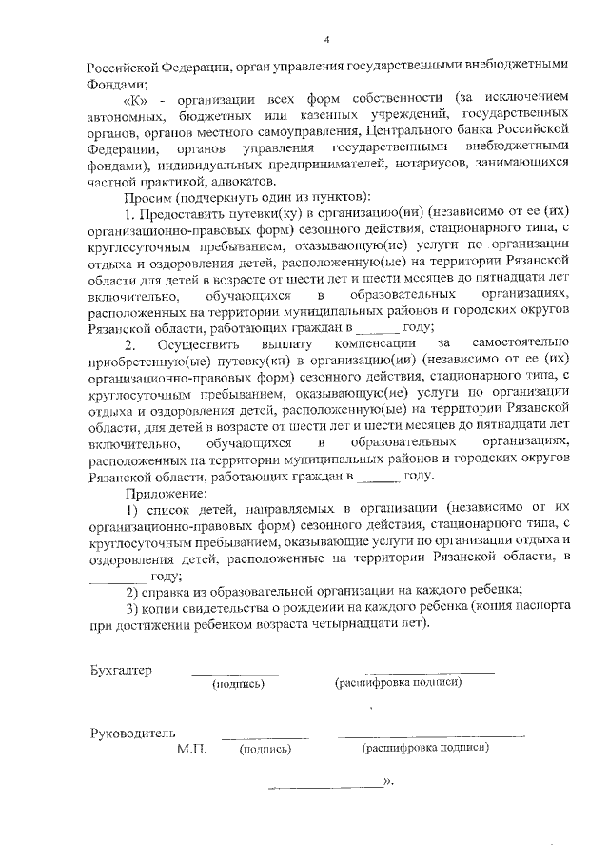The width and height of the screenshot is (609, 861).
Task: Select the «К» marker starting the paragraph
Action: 135,97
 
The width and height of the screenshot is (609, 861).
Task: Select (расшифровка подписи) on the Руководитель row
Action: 425,751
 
